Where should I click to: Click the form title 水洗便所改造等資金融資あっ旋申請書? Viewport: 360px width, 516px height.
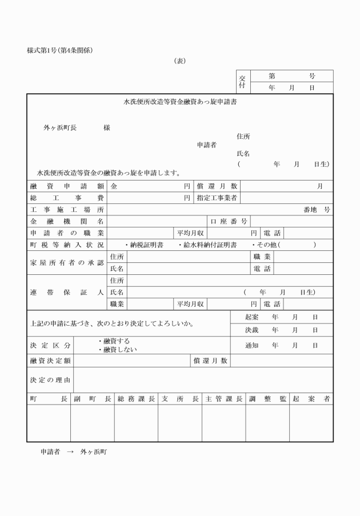(x=181, y=103)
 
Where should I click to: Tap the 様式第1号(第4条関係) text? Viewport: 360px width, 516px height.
(x=60, y=50)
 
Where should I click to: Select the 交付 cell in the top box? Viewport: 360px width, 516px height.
(x=242, y=82)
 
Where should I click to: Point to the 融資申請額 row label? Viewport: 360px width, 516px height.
(x=66, y=186)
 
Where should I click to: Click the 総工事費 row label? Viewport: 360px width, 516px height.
(x=66, y=198)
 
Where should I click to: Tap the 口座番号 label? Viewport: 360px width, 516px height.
(x=229, y=221)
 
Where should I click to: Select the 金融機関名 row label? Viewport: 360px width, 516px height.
(x=66, y=221)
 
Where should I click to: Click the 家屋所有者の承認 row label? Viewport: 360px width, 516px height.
(x=66, y=262)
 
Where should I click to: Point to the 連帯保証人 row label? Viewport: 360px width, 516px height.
(x=66, y=292)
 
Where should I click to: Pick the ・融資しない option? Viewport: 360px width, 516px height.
(x=117, y=349)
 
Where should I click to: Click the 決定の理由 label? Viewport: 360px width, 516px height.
(x=50, y=380)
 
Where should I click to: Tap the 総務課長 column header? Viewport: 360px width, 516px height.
(x=136, y=399)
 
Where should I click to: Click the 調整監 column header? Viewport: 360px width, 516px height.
(x=267, y=399)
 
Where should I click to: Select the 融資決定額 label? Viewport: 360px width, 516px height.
(x=50, y=361)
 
